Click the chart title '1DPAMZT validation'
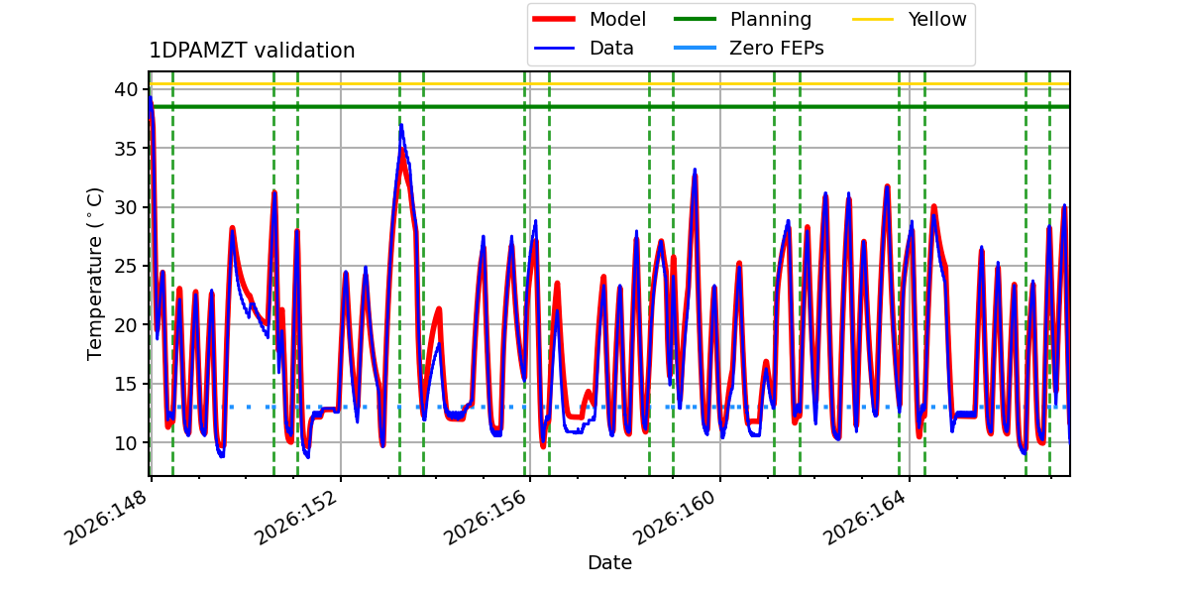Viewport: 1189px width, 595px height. [x=252, y=51]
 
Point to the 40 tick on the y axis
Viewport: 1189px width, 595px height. [x=126, y=89]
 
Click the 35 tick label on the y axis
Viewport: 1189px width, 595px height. [x=126, y=148]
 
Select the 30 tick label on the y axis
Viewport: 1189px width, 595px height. [x=126, y=207]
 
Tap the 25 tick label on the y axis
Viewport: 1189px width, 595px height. [x=126, y=266]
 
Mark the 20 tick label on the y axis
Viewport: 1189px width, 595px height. [x=126, y=324]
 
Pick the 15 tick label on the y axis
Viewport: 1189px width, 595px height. [x=126, y=384]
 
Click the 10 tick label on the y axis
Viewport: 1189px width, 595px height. [x=126, y=442]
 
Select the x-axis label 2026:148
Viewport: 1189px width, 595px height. [x=105, y=518]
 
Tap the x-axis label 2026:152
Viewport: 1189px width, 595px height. [x=295, y=518]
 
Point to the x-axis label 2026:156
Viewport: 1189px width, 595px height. [x=485, y=518]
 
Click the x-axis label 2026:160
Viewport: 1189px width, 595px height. [x=675, y=518]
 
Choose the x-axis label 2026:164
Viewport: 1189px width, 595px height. [x=864, y=518]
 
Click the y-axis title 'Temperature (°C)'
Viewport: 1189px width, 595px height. [x=94, y=274]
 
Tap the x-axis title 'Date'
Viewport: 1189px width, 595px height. [x=609, y=562]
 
